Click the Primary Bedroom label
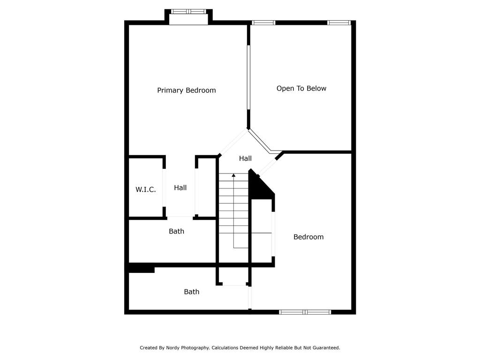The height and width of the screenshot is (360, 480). [186, 90]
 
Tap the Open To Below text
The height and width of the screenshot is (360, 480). [301, 89]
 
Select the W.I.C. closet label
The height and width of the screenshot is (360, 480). [145, 190]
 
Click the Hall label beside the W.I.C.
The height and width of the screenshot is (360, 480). [180, 188]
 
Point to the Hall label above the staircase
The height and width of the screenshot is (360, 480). [245, 159]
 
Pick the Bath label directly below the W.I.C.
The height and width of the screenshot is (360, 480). [176, 232]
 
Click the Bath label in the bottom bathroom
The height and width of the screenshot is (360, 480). [191, 292]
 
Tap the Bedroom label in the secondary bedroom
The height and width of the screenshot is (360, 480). [308, 237]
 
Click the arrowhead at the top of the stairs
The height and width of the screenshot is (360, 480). [233, 175]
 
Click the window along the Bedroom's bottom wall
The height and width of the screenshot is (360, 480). [305, 312]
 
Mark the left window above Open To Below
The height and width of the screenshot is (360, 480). [263, 22]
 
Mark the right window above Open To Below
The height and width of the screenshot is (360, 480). [338, 22]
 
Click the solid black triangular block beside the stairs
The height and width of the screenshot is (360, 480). [259, 187]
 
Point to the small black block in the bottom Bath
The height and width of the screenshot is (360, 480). [141, 269]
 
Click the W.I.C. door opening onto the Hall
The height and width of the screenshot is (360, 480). [164, 187]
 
